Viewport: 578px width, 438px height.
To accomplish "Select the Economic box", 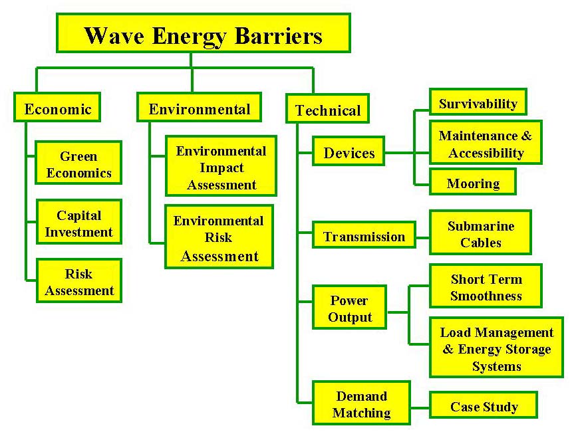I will pos(57,108).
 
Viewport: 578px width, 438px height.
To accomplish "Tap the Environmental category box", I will pos(199,108).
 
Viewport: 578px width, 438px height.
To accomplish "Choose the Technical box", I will pos(327,110).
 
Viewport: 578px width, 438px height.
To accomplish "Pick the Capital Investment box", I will pos(78,223).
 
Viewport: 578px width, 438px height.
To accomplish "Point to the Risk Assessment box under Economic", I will pos(78,282).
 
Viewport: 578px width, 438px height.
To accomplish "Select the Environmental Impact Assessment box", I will pos(220,167).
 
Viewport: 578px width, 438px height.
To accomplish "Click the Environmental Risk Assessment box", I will pos(219,237).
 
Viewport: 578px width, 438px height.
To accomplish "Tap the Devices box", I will pos(349,153).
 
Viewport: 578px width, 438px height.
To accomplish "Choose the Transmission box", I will pos(363,236).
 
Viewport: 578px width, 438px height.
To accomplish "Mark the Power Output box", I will pos(349,308).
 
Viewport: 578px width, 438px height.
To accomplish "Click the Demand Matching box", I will pos(361,404).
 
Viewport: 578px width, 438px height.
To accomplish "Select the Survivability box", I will pos(478,103).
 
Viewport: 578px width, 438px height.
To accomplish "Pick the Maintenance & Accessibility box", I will pos(485,144).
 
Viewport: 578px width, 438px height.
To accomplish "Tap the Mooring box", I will pos(472,183).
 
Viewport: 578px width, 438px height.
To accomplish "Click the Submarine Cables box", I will pos(480,234).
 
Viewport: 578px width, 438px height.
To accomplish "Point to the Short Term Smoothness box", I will pos(486,287).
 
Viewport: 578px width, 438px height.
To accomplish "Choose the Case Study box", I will pos(483,406).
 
